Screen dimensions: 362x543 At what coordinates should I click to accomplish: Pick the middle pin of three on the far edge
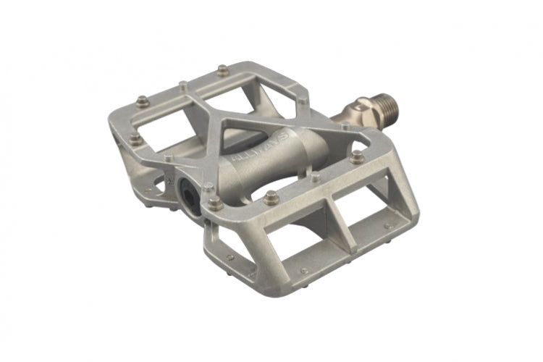(x=183, y=85)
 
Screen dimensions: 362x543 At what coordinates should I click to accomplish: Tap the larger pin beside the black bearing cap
(x=215, y=203)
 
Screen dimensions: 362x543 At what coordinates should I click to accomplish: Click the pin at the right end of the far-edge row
(x=222, y=70)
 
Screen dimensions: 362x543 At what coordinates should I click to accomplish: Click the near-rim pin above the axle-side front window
(x=356, y=156)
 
